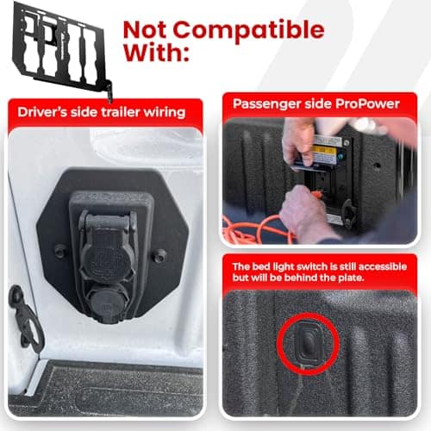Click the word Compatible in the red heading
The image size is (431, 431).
[249, 30]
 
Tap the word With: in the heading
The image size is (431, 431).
[157, 53]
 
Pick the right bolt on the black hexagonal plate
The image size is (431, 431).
[159, 255]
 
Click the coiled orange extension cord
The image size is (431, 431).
[253, 230]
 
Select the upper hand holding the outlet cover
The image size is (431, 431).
[299, 144]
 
